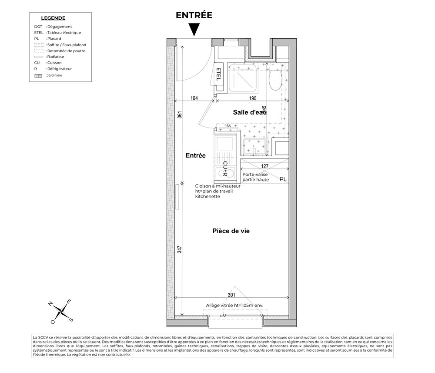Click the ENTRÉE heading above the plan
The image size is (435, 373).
194,15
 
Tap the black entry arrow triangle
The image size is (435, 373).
194,30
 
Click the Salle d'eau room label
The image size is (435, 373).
249,112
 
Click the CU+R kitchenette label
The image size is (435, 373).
225,169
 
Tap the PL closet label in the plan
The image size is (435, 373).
283,179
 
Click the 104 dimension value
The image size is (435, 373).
194,98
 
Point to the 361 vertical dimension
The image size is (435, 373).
180,115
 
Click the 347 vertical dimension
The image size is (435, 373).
180,250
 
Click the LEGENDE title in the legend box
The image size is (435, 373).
53,18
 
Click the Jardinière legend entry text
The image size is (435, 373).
56,75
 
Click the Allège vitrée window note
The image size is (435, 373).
235,306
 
